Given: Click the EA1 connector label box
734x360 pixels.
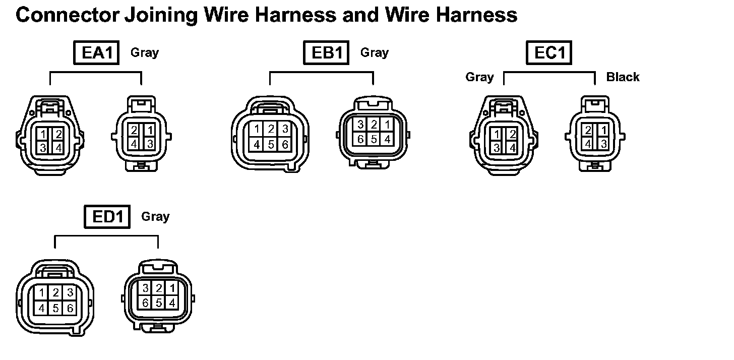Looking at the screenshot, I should point(96,53).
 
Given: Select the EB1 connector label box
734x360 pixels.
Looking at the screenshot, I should point(326,53).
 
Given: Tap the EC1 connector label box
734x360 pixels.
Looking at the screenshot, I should point(549,53).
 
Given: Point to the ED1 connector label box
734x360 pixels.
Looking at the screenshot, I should point(107,217).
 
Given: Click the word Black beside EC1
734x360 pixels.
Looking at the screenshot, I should point(623,77).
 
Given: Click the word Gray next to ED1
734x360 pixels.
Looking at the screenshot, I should point(155,217).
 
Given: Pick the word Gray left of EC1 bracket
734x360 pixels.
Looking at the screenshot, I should point(479,77).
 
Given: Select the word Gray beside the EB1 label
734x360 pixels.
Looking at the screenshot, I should point(375,52).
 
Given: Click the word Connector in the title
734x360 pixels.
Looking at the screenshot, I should point(65,16).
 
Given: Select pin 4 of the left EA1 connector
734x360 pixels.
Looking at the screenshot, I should point(58,148).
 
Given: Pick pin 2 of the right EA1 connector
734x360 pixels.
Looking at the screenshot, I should point(134,130).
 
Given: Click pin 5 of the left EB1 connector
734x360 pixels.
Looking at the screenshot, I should point(271,144).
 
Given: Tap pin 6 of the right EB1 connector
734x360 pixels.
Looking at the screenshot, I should point(360,139).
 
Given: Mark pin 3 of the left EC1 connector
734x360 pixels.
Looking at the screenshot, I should point(497,148).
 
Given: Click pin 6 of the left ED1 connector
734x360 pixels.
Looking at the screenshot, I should point(70,307).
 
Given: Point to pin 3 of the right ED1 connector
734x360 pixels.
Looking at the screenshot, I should point(146,288).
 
